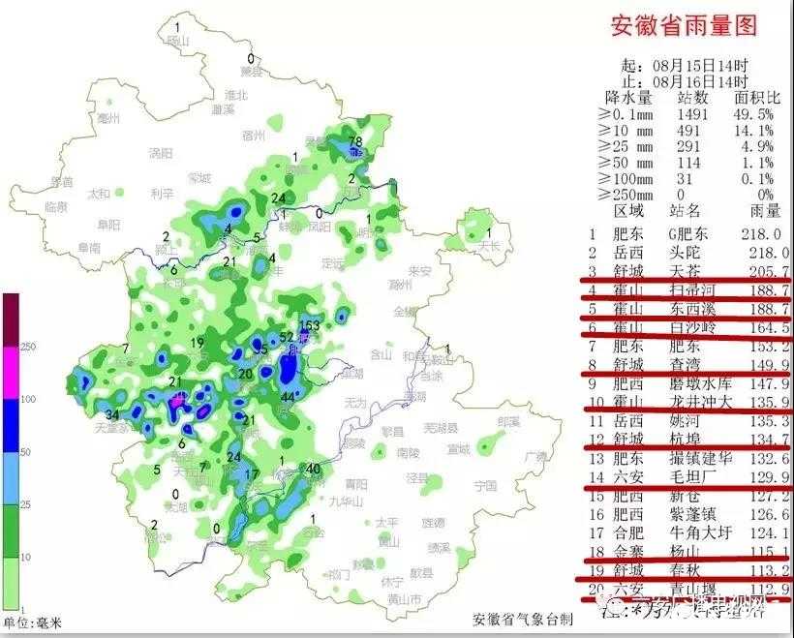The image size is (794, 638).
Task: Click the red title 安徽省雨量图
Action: click(683, 25)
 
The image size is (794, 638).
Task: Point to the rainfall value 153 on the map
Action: click(309, 325)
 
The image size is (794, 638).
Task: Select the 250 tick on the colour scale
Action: click(28, 347)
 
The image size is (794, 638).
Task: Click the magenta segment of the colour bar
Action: click(11, 372)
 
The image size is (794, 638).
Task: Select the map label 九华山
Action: click(343, 501)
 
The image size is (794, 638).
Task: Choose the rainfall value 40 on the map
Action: click(313, 470)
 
